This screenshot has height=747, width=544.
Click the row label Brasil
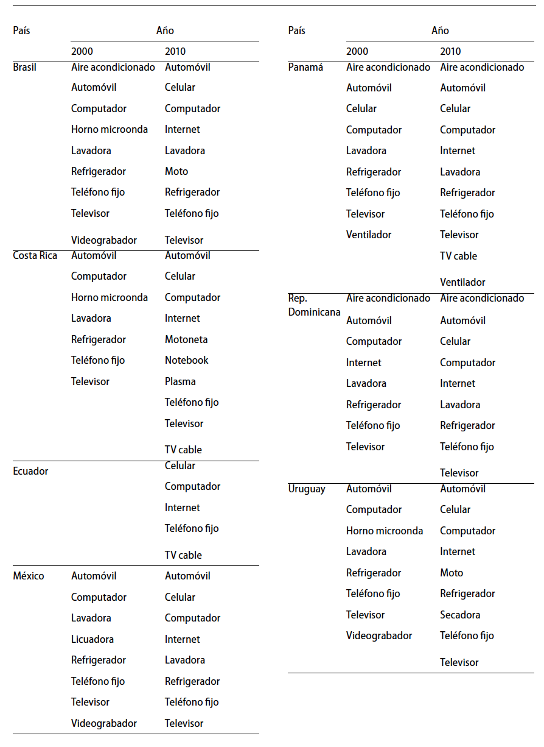pos(24,67)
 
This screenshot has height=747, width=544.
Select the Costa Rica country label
pos(35,255)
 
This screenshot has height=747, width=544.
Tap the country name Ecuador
pos(30,471)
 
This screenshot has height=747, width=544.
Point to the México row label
pos(29,576)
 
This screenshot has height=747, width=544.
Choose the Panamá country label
pos(305,67)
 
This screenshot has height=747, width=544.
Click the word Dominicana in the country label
pos(314,312)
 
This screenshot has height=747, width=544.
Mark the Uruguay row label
pos(307,489)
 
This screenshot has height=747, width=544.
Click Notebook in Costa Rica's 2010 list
pos(186,360)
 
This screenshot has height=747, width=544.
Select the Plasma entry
pos(180,381)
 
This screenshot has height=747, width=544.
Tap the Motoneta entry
pos(186,339)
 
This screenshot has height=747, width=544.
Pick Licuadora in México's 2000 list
pos(92,639)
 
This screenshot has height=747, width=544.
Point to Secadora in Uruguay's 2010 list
pos(460,615)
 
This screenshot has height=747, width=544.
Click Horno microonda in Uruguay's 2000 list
pos(385,531)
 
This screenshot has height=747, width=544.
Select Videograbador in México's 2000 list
pos(104,723)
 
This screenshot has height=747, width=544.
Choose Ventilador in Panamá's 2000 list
pos(369,235)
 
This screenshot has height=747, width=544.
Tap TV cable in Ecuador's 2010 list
pos(183,555)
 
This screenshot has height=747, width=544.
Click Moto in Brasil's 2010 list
pos(176,171)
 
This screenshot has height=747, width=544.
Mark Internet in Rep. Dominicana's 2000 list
pos(364,363)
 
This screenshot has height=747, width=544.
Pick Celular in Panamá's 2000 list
pos(361,108)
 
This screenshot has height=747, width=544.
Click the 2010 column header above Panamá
pos(450,52)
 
